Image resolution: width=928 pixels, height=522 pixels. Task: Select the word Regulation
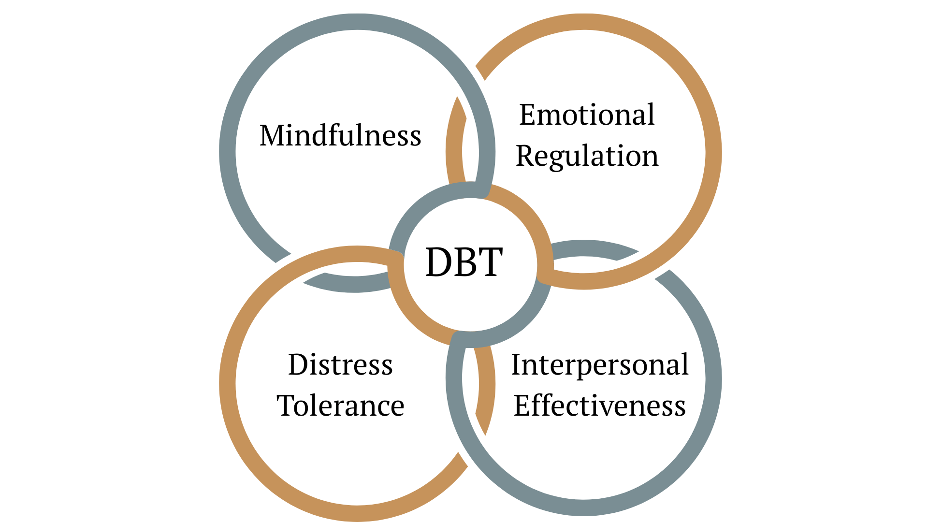pyautogui.click(x=587, y=157)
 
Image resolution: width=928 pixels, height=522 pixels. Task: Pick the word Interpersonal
pyautogui.click(x=600, y=365)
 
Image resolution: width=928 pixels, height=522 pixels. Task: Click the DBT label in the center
pyautogui.click(x=464, y=262)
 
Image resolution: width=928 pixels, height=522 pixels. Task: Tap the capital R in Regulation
pyautogui.click(x=525, y=156)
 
